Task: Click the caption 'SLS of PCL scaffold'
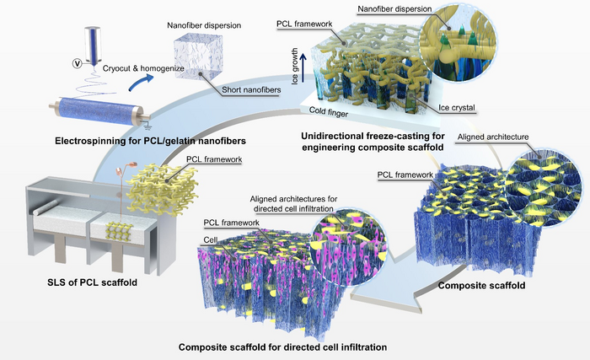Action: pyautogui.click(x=79, y=281)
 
